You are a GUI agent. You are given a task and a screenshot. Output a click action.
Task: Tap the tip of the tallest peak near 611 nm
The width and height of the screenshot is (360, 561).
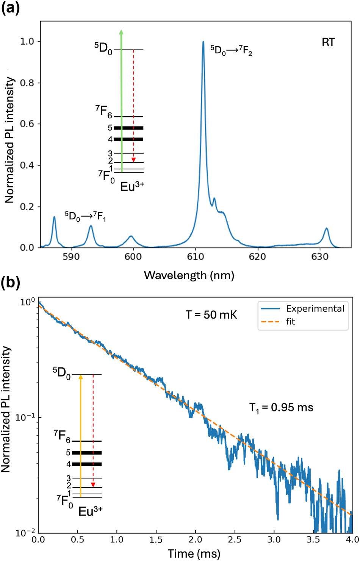coord(203,42)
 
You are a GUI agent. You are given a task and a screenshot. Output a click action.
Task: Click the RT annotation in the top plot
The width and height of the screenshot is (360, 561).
coord(328,42)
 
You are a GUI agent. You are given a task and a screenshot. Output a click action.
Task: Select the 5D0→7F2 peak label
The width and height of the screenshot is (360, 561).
coord(231,50)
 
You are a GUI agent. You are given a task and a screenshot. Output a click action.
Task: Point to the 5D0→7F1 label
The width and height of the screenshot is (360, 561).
coord(85,217)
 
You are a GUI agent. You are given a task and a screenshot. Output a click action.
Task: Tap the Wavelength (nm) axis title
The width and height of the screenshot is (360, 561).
coord(189,275)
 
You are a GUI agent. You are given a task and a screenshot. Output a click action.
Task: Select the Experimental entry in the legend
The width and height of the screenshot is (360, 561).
coord(315,309)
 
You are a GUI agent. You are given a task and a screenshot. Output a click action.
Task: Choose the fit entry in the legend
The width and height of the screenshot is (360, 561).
coord(291,322)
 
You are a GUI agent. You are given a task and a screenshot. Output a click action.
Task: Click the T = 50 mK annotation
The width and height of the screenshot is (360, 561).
coord(211,315)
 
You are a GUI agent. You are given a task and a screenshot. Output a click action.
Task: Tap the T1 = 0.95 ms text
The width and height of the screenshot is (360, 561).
coord(281,408)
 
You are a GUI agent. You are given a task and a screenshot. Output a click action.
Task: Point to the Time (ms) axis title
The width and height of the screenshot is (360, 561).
coord(194,554)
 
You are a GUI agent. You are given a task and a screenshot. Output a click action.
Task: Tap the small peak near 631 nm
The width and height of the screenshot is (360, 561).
coord(326,230)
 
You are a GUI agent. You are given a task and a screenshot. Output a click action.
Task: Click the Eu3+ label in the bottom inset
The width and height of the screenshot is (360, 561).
coord(90,511)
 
